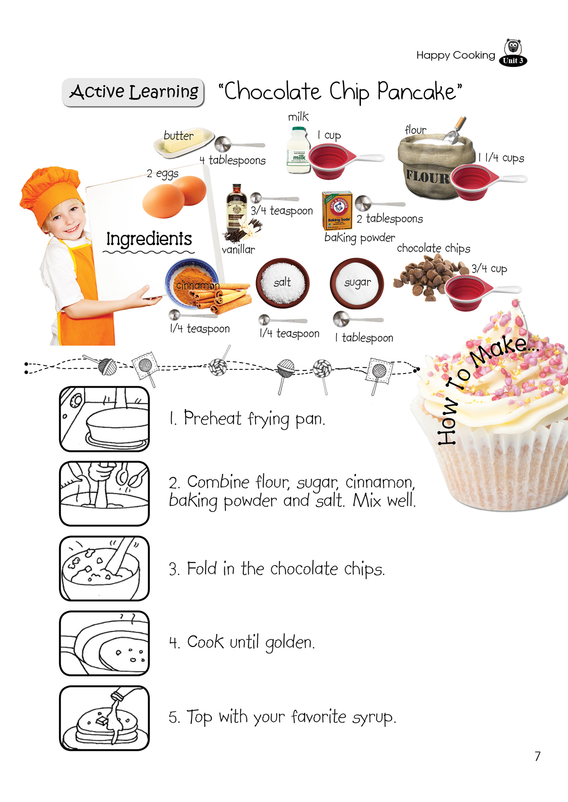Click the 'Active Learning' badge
pyautogui.click(x=133, y=92)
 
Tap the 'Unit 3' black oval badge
pyautogui.click(x=513, y=60)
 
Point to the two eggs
pyautogui.click(x=175, y=197)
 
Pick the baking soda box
pyautogui.click(x=337, y=210)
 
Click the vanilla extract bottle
pyautogui.click(x=236, y=209)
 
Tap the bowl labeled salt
pyautogui.click(x=283, y=283)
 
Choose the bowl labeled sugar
pyautogui.click(x=357, y=283)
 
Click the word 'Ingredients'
pyautogui.click(x=149, y=239)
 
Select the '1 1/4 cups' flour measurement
pyautogui.click(x=501, y=158)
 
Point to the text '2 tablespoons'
pyautogui.click(x=390, y=219)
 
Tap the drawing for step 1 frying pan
pyautogui.click(x=104, y=419)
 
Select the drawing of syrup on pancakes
pyautogui.click(x=104, y=718)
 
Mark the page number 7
pyautogui.click(x=538, y=756)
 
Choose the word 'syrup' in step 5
pyautogui.click(x=373, y=718)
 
